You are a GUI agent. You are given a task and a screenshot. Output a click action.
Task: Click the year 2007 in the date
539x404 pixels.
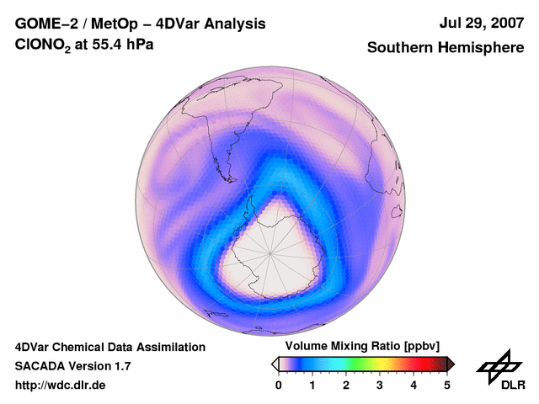(x=505, y=23)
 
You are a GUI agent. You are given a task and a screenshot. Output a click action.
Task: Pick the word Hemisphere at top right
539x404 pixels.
(x=482, y=48)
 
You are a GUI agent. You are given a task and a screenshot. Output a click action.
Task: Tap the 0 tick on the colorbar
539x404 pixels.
(x=279, y=385)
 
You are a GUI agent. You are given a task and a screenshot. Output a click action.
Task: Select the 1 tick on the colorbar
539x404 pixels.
(x=312, y=385)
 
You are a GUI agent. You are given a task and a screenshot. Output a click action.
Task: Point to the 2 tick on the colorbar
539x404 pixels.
(x=346, y=385)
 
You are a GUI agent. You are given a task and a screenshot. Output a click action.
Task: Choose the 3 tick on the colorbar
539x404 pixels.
(x=380, y=385)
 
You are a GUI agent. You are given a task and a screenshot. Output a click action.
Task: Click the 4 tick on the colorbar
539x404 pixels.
(x=414, y=385)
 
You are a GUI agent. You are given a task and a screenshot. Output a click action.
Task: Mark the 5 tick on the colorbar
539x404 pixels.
(x=447, y=385)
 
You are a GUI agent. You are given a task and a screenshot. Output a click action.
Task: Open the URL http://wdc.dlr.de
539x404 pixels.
(x=61, y=385)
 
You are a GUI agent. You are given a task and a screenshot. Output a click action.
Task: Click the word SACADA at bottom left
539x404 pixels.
(x=42, y=366)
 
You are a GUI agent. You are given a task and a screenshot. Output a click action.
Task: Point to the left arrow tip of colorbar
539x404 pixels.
(x=273, y=364)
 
